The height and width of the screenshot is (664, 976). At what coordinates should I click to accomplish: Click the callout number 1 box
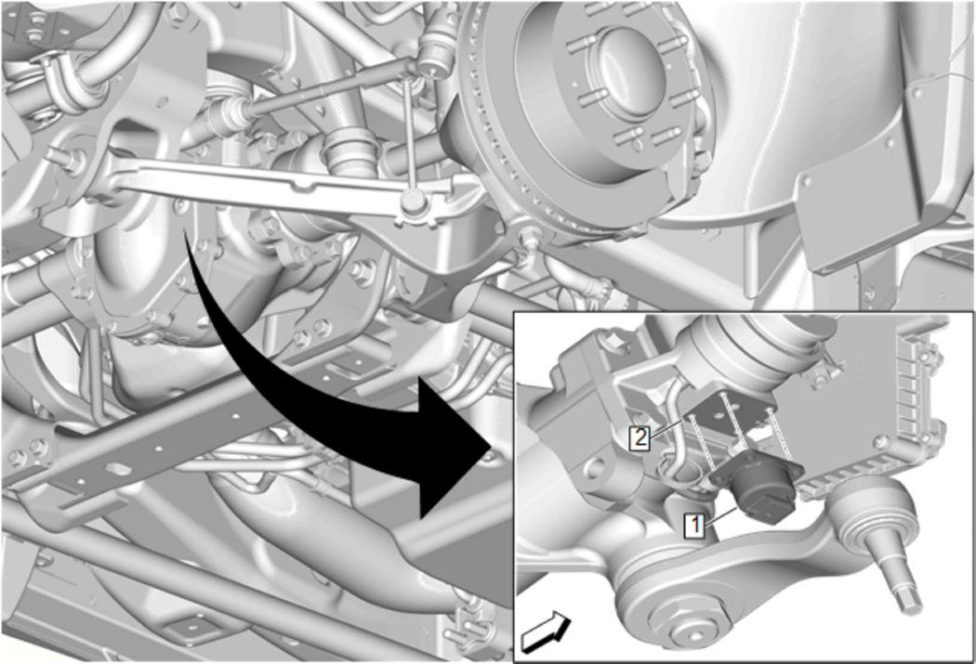tap(694, 525)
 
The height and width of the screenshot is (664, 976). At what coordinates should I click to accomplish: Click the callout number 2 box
tap(640, 437)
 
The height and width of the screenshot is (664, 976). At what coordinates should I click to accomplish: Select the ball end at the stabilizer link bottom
tap(413, 201)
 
